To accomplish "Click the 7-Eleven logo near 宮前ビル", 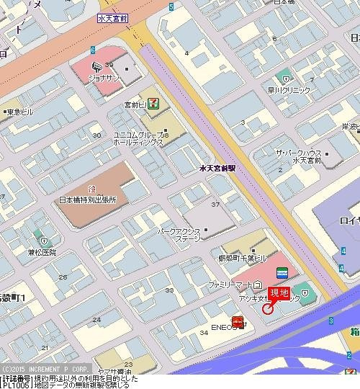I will pyautogui.click(x=153, y=104).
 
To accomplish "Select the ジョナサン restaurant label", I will pyautogui.click(x=103, y=76).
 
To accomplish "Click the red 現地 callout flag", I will pyautogui.click(x=279, y=293).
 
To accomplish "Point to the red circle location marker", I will pyautogui.click(x=269, y=309).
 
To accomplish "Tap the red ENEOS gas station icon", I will pyautogui.click(x=238, y=321).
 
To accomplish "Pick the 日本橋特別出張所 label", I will pyautogui.click(x=88, y=200).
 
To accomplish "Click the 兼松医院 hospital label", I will pyautogui.click(x=42, y=252).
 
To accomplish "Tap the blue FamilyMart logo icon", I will pyautogui.click(x=282, y=272).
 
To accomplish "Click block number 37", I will pyautogui.click(x=215, y=205).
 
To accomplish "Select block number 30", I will pyautogui.click(x=96, y=135).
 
